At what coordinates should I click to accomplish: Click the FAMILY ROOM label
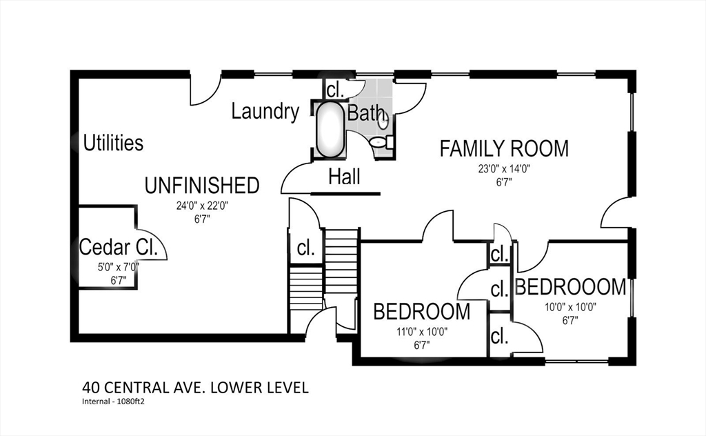[x=504, y=149]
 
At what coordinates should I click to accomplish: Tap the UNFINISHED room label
[x=202, y=186]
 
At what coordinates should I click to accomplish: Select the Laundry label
[x=265, y=111]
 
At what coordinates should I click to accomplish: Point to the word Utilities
[x=114, y=143]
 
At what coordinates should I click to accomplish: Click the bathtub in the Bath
[x=330, y=130]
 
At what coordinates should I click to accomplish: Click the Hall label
[x=345, y=177]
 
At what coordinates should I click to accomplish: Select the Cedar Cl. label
[x=119, y=247]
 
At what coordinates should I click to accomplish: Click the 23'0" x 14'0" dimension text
[x=504, y=169]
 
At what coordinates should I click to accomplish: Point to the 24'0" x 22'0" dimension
[x=202, y=206]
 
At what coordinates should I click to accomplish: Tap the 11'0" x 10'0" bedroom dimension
[x=422, y=333]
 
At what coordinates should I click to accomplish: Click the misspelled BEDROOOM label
[x=570, y=287]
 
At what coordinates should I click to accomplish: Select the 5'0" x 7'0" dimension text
[x=119, y=267]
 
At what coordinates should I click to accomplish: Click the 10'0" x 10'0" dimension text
[x=570, y=308]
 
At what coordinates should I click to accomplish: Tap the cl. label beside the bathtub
[x=335, y=90]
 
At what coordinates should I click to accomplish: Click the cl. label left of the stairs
[x=305, y=248]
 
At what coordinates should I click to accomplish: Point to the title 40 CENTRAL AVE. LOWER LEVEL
[x=195, y=387]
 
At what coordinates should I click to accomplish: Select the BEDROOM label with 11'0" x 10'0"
[x=422, y=312]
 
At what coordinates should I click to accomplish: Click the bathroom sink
[x=383, y=120]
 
